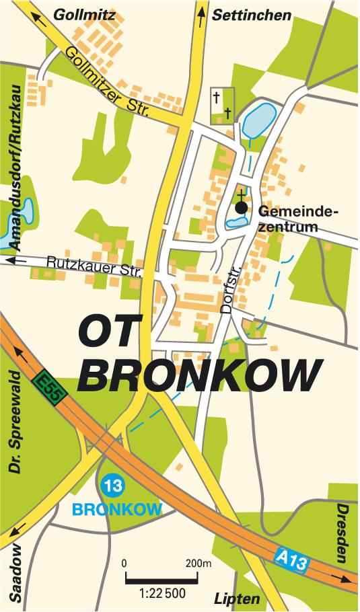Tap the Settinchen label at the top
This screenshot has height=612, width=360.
click(252, 15)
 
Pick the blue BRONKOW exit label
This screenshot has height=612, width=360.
click(118, 509)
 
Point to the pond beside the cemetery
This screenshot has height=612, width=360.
click(258, 120)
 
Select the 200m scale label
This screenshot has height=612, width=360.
click(198, 562)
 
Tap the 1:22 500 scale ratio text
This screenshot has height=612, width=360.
click(162, 593)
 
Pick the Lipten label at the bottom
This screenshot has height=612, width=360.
click(237, 599)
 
